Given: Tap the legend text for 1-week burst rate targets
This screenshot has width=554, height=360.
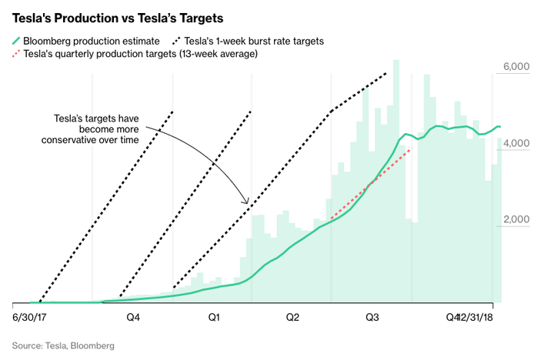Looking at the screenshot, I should tap(249, 40).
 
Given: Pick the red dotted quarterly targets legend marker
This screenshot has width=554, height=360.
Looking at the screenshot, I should tap(16, 54).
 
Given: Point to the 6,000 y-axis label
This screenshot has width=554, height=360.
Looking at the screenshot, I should tap(516, 68).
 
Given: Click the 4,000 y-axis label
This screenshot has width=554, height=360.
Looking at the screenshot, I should tap(516, 144).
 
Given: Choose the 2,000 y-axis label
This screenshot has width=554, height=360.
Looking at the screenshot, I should tap(516, 220).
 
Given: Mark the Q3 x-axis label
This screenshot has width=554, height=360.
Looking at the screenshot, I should tap(372, 317).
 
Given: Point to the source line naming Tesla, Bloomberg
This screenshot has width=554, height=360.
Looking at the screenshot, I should tap(63, 346).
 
